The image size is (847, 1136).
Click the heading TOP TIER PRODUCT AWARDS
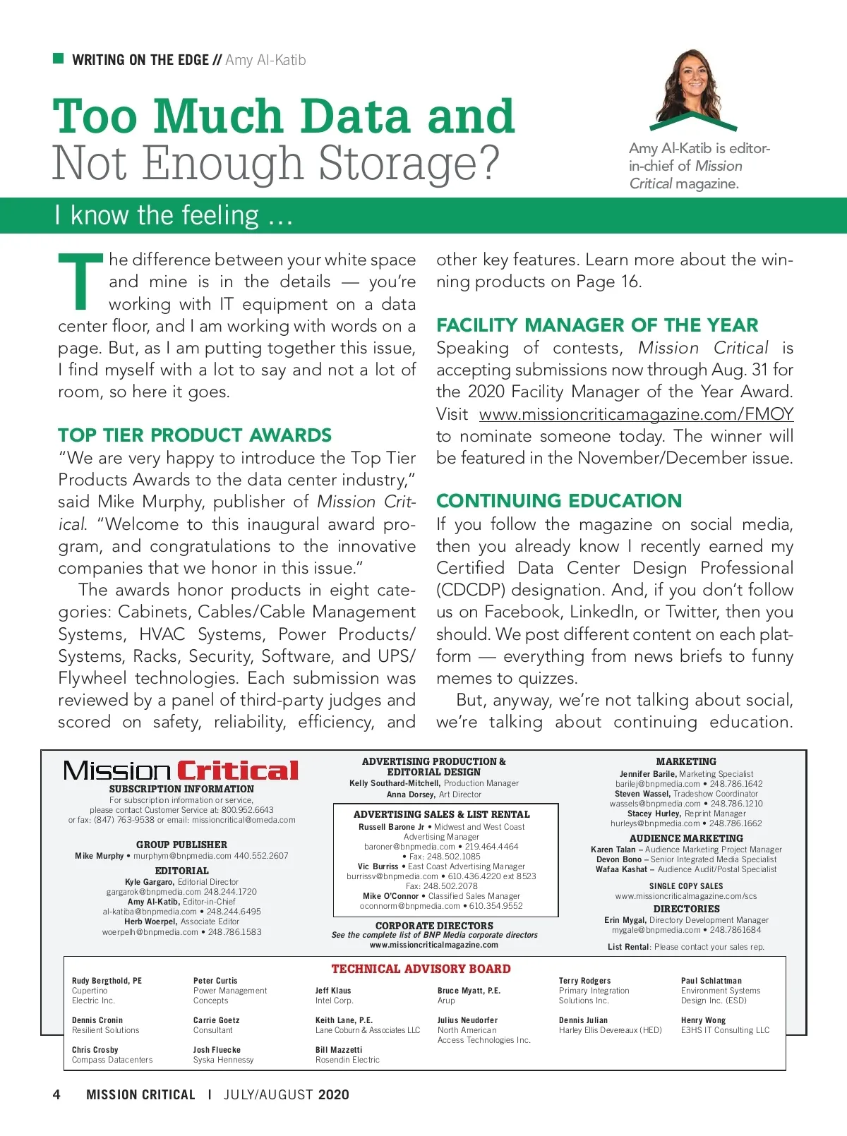click(195, 435)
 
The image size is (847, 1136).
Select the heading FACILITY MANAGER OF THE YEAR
click(597, 325)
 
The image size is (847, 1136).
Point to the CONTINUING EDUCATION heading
click(559, 501)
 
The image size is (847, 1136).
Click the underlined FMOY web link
click(636, 414)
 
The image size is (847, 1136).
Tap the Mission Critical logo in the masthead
click(181, 771)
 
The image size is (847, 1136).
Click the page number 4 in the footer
click(56, 1094)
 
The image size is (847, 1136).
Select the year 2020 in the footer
click(333, 1094)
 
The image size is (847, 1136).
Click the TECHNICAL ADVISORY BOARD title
click(421, 969)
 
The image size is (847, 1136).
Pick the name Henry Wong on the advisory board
click(703, 1020)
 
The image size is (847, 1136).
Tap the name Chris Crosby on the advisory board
click(95, 1050)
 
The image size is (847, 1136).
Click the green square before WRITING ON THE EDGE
click(59, 59)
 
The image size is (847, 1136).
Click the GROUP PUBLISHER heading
click(181, 845)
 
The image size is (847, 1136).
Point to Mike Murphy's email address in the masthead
click(182, 856)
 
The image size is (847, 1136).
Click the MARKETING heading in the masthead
click(686, 761)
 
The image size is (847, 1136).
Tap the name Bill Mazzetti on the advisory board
click(339, 1050)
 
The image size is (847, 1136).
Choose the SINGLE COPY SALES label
click(686, 886)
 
